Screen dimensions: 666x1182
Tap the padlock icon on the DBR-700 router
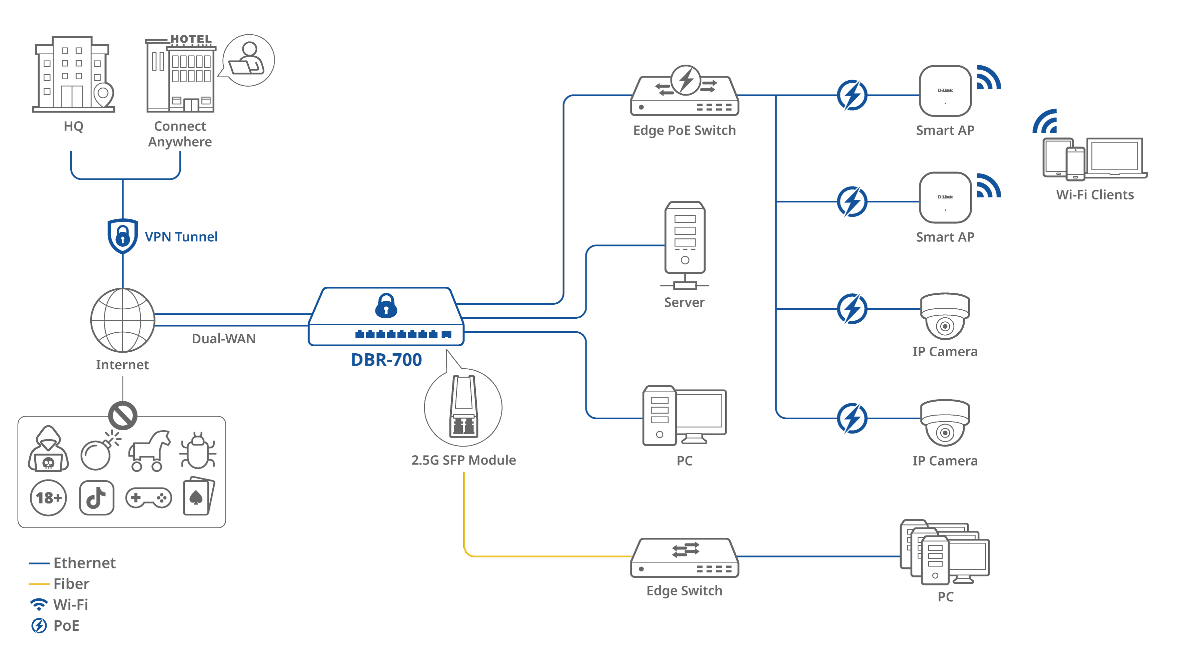[x=386, y=306]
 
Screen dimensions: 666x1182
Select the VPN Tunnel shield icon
[x=122, y=236]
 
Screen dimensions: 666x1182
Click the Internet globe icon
[x=122, y=320]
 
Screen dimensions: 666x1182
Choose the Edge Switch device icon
[x=685, y=558]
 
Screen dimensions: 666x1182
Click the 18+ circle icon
[x=48, y=498]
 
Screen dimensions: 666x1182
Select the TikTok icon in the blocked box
[x=96, y=498]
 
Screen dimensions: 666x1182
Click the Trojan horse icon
[x=149, y=451]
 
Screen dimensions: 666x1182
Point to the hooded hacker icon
[x=48, y=450]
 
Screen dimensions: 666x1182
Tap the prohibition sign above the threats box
[x=122, y=415]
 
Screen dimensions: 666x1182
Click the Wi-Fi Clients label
[x=1095, y=194]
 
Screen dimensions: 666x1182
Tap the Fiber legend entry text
[x=71, y=584]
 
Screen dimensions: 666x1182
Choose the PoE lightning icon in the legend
[x=39, y=626]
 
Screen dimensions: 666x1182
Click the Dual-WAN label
[x=223, y=339]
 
